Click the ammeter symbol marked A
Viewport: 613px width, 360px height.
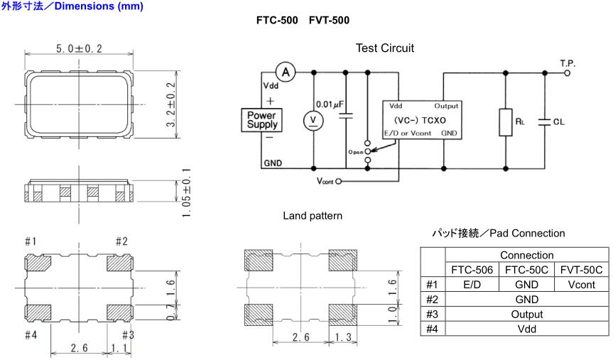(x=286, y=72)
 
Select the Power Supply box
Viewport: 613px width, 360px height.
(x=261, y=119)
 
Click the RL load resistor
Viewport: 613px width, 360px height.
(x=505, y=121)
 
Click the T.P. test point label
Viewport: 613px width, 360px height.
(x=568, y=63)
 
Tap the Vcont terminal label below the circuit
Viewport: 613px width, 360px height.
(x=324, y=180)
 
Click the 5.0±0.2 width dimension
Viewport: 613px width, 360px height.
(x=80, y=48)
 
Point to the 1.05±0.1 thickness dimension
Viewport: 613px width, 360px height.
(x=186, y=192)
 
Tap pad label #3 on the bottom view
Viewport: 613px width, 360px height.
(x=128, y=334)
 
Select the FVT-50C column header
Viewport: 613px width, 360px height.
(x=580, y=270)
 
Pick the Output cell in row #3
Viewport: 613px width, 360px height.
(x=526, y=314)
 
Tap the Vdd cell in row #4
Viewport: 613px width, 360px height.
(x=526, y=329)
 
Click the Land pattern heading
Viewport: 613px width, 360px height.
(x=313, y=215)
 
